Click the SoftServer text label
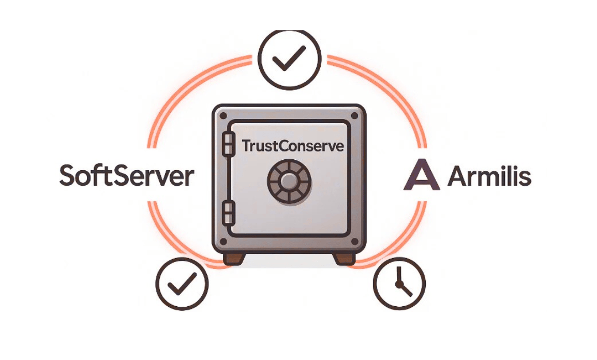[x=127, y=176]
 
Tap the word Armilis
[x=489, y=177]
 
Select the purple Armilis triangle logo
[x=422, y=176]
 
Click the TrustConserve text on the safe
[x=293, y=146]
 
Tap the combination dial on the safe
[x=290, y=181]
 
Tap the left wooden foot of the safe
[x=234, y=258]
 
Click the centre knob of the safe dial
[x=290, y=181]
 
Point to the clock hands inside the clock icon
[x=401, y=285]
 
